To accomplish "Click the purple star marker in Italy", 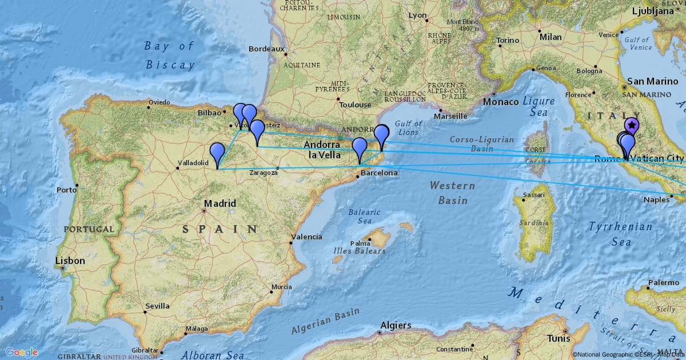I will pos(632,125).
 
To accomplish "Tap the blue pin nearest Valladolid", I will pos(217,153).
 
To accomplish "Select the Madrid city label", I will pos(220,203).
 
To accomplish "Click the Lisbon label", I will pos(70,261).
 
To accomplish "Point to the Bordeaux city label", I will pos(266,49).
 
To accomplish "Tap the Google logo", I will pos(22,352).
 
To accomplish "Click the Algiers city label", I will pos(396,325).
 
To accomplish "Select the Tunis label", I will pos(558,338).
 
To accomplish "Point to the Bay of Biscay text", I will pos(170,55).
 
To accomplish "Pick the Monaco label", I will pos(501,102).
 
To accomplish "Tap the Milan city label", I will pos(551,37).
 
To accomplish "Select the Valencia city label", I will pos(306,237).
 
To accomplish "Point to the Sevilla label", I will pos(157,306).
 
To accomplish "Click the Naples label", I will pos(656,199).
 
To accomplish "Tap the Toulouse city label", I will pos(355,105).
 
